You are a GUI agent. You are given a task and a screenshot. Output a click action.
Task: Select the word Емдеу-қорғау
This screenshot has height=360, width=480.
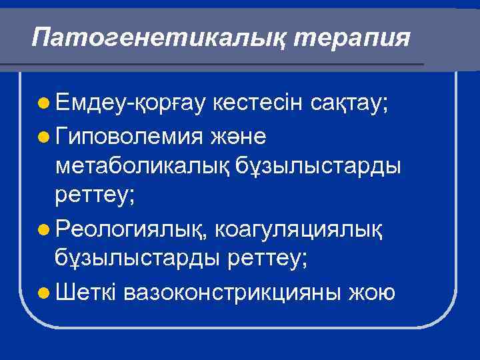[x=132, y=104]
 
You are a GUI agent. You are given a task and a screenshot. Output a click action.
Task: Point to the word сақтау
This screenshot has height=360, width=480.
[x=354, y=104]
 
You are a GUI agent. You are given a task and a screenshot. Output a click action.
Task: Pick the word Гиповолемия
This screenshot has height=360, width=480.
[x=131, y=135]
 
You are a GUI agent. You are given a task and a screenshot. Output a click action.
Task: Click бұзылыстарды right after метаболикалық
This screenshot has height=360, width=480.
[x=318, y=166]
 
